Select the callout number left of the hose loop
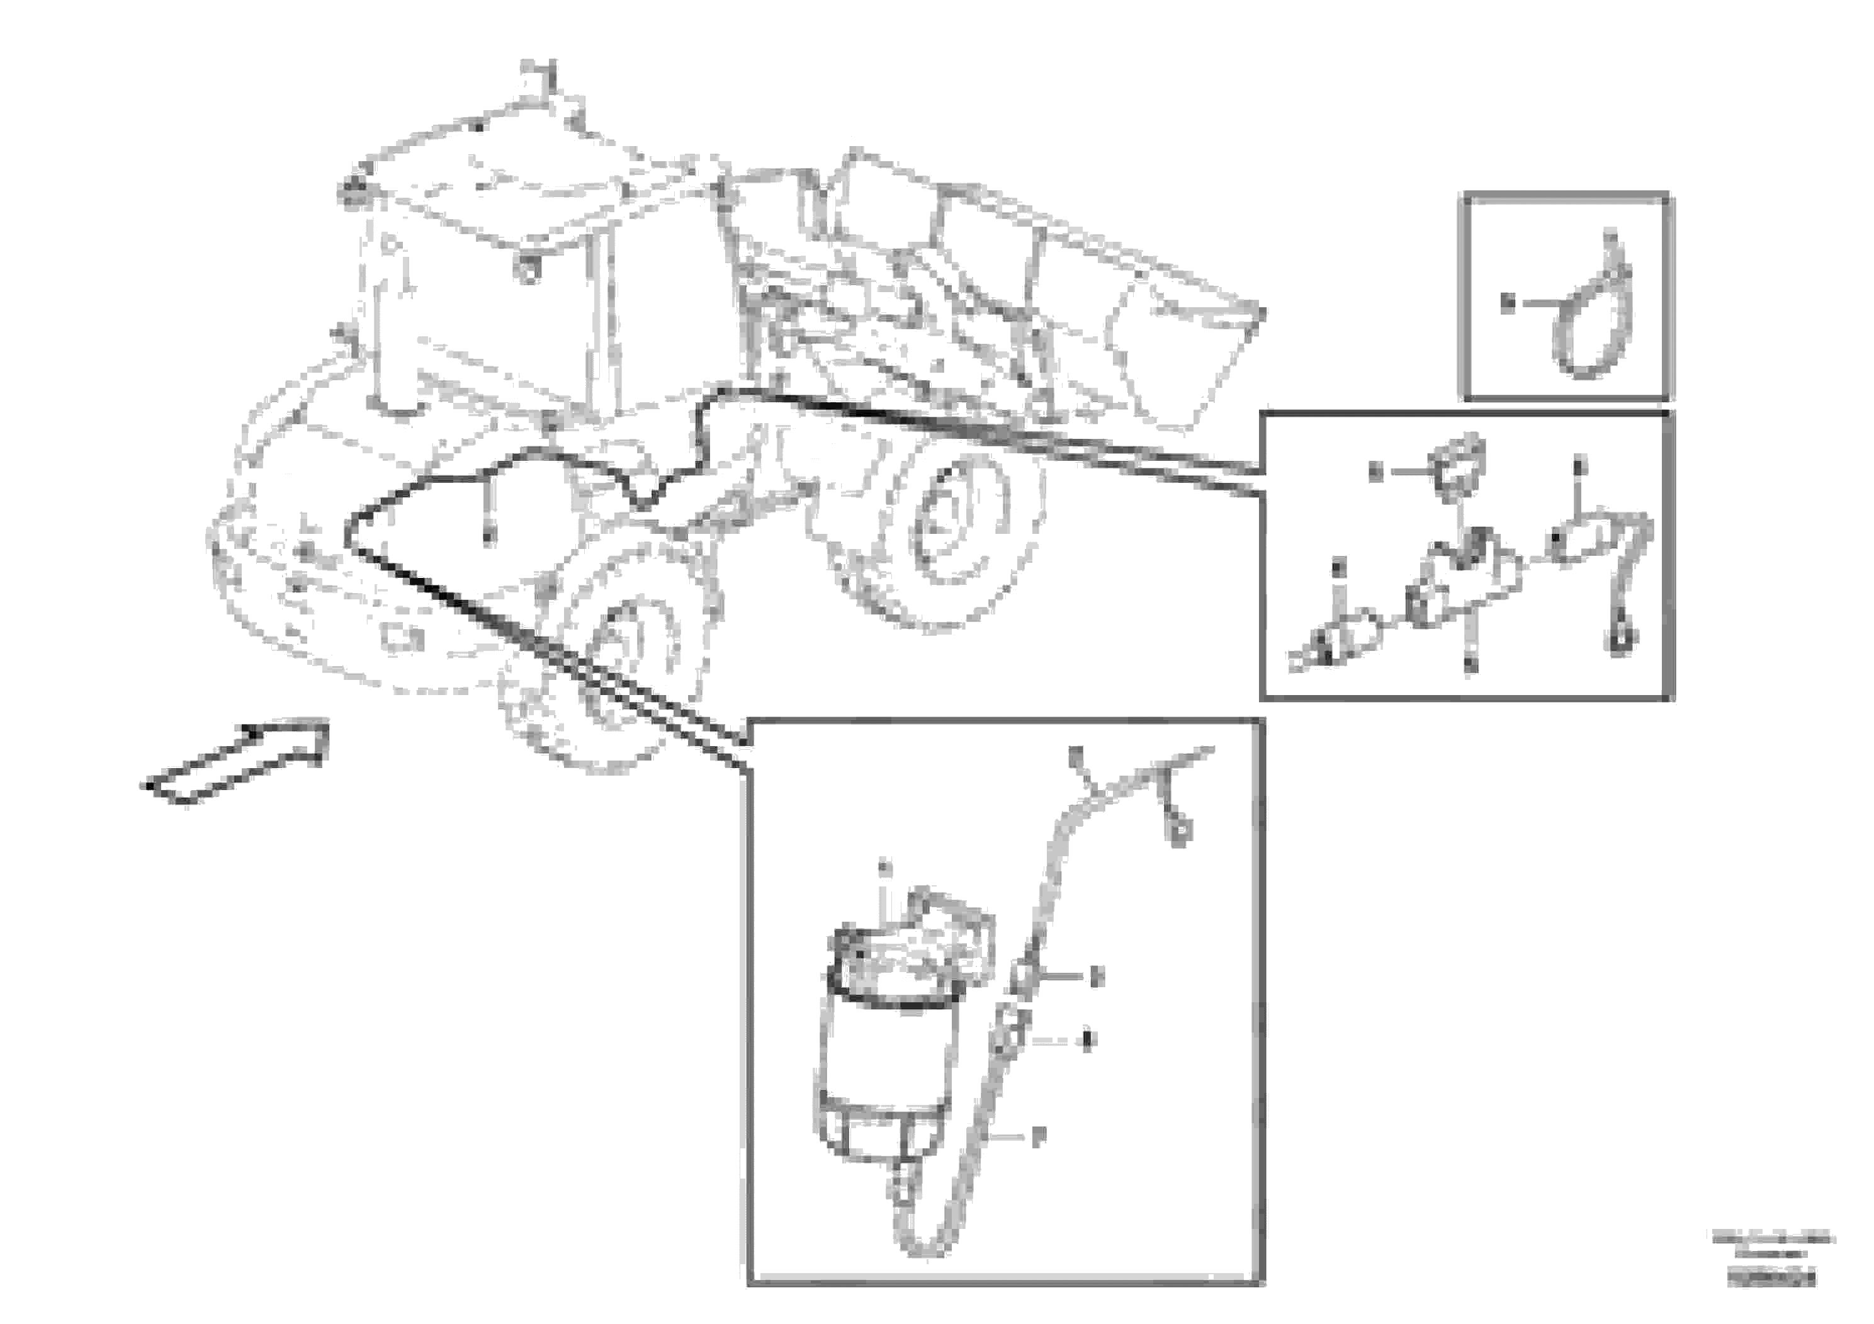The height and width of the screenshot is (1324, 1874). tap(1508, 303)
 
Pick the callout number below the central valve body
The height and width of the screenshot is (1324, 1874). tap(1470, 665)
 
